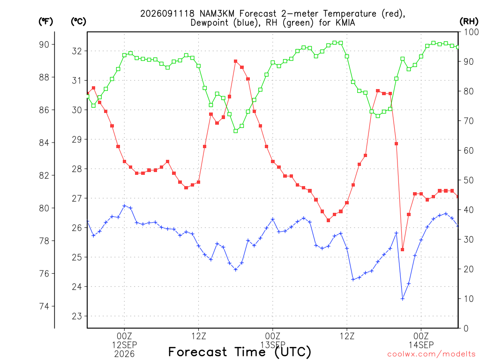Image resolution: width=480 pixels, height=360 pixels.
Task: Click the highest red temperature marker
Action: click(235, 61)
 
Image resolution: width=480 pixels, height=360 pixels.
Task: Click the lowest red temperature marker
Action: click(402, 249)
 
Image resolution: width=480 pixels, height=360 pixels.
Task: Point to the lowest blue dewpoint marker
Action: click(403, 299)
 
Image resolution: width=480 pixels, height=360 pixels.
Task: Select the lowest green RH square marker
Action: click(235, 131)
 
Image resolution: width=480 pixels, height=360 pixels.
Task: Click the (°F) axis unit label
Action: click(45, 22)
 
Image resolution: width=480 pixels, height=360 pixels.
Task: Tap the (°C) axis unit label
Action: click(78, 22)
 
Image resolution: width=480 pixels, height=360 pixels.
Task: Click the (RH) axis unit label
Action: click(469, 22)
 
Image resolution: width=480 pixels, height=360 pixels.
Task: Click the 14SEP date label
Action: click(421, 345)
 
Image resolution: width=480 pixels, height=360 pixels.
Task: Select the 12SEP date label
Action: click(124, 345)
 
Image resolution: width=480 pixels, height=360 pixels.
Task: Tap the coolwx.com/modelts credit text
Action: click(431, 354)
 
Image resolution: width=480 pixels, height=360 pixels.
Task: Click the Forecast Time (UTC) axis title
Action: click(240, 352)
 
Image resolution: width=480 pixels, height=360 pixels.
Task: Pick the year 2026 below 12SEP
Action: click(124, 354)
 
